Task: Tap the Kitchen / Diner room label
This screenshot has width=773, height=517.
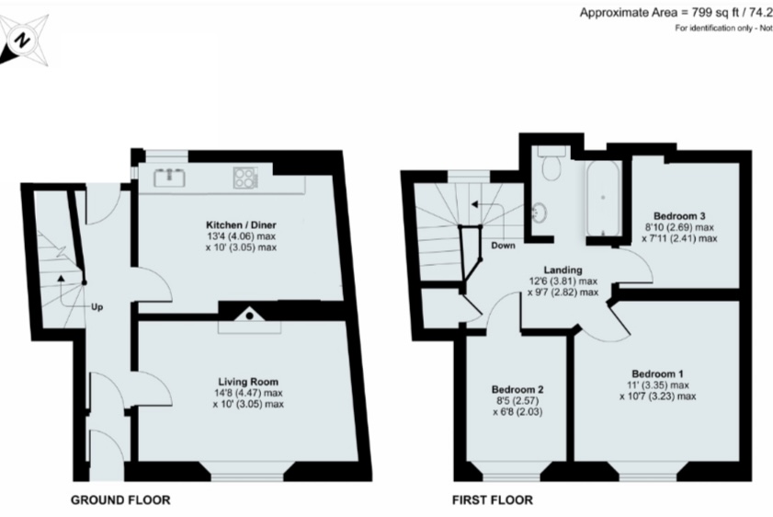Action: tap(242, 224)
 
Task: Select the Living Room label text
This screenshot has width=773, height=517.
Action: tap(247, 382)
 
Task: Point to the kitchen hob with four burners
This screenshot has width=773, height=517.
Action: tap(245, 177)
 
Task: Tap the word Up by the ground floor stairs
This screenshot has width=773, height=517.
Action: tap(97, 306)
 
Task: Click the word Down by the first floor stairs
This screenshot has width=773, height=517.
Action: tap(502, 247)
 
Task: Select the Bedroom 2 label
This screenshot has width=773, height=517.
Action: tap(516, 387)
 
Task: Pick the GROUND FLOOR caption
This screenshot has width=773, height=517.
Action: tap(120, 500)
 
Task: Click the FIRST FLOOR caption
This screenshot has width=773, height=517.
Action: tap(492, 500)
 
